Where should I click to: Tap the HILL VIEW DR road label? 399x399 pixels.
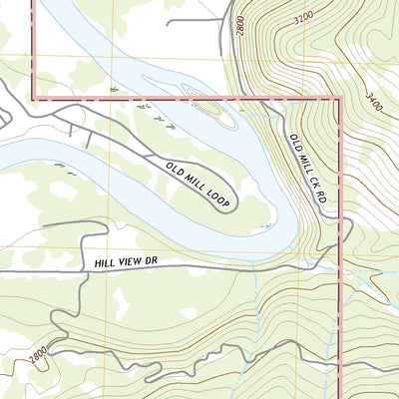tap(127, 261)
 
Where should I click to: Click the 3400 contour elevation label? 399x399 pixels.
tap(375, 100)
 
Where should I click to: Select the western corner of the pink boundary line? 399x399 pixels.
tap(35, 98)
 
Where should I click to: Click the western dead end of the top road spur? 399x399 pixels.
tap(168, 21)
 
